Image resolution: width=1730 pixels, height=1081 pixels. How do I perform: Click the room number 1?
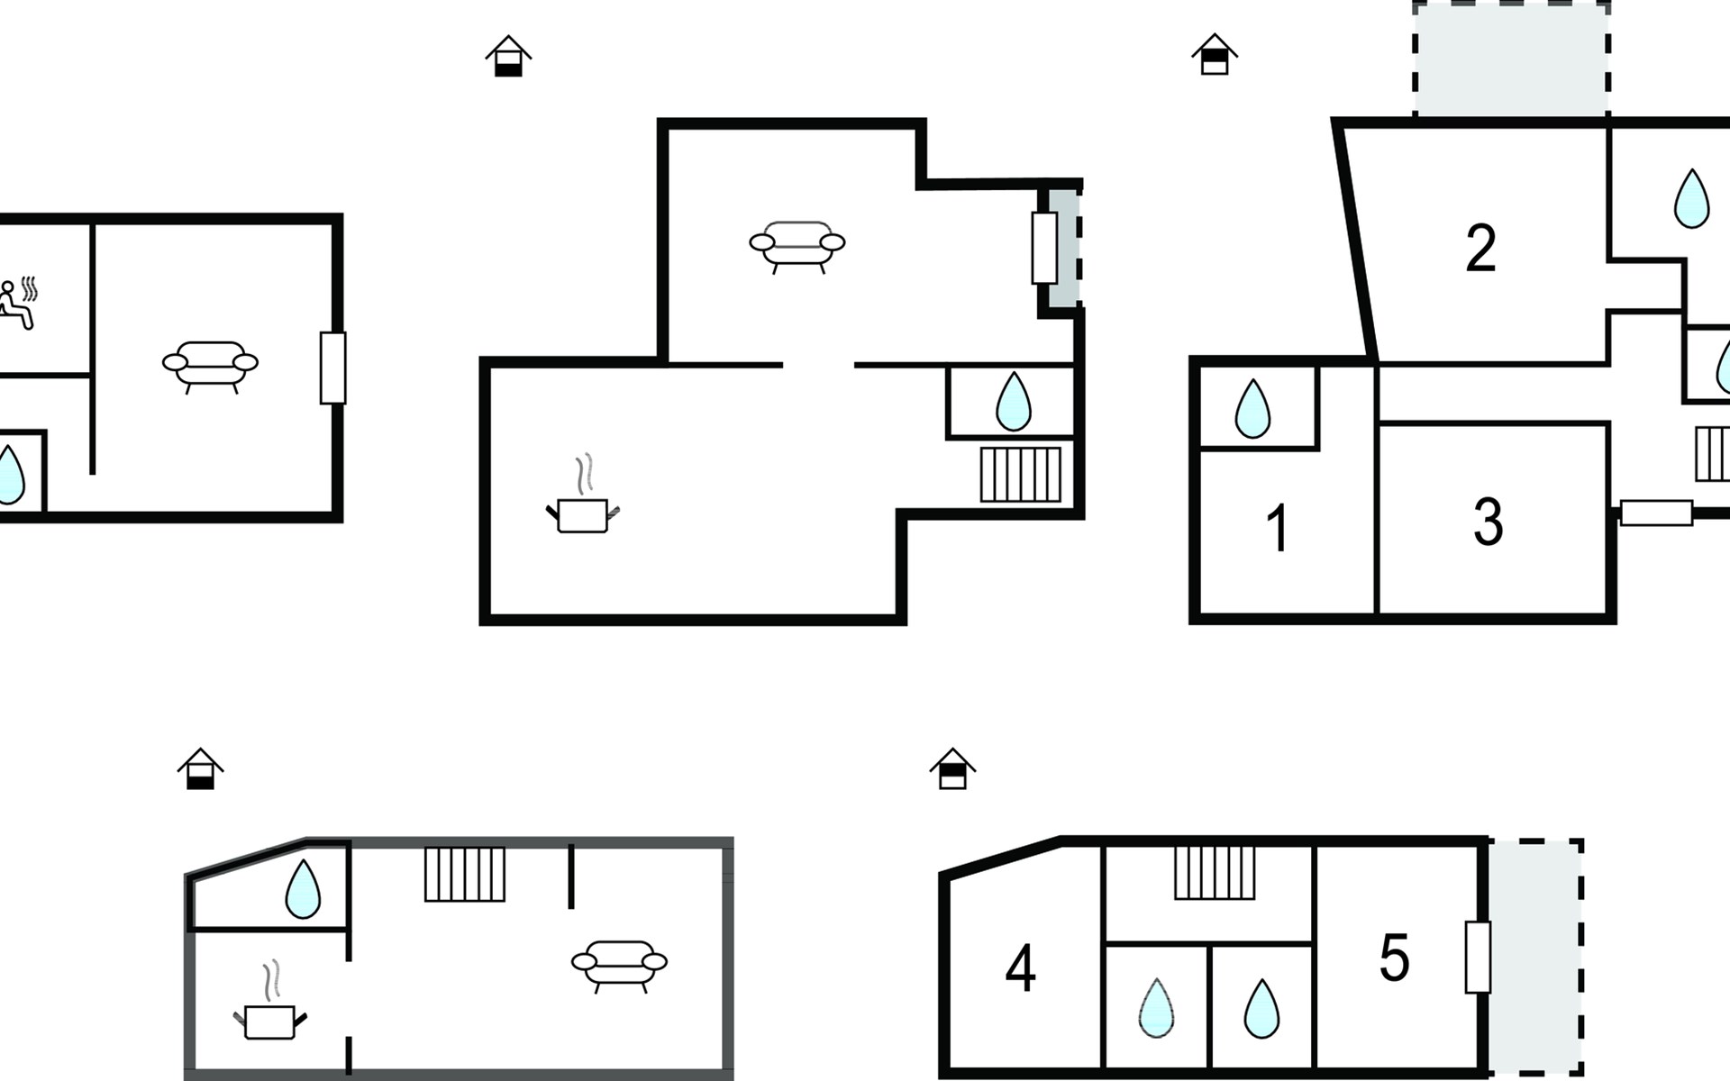[x=1278, y=528]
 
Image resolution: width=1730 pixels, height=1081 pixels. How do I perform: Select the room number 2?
[x=1481, y=248]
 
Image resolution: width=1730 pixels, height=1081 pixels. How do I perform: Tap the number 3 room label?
[x=1489, y=522]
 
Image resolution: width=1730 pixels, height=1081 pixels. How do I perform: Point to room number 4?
[x=1020, y=969]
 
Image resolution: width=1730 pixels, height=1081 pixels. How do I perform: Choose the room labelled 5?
[x=1394, y=958]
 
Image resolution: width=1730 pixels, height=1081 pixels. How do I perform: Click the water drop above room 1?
[x=1252, y=408]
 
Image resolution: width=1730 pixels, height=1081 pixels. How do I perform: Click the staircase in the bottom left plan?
[x=465, y=874]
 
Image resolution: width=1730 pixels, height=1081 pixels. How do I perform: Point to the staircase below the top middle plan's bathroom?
[x=1021, y=474]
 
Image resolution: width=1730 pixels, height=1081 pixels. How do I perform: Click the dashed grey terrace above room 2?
[x=1511, y=59]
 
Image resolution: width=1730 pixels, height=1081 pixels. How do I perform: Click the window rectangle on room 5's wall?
[x=1478, y=957]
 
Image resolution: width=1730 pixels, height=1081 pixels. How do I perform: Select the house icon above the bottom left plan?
[x=200, y=768]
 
